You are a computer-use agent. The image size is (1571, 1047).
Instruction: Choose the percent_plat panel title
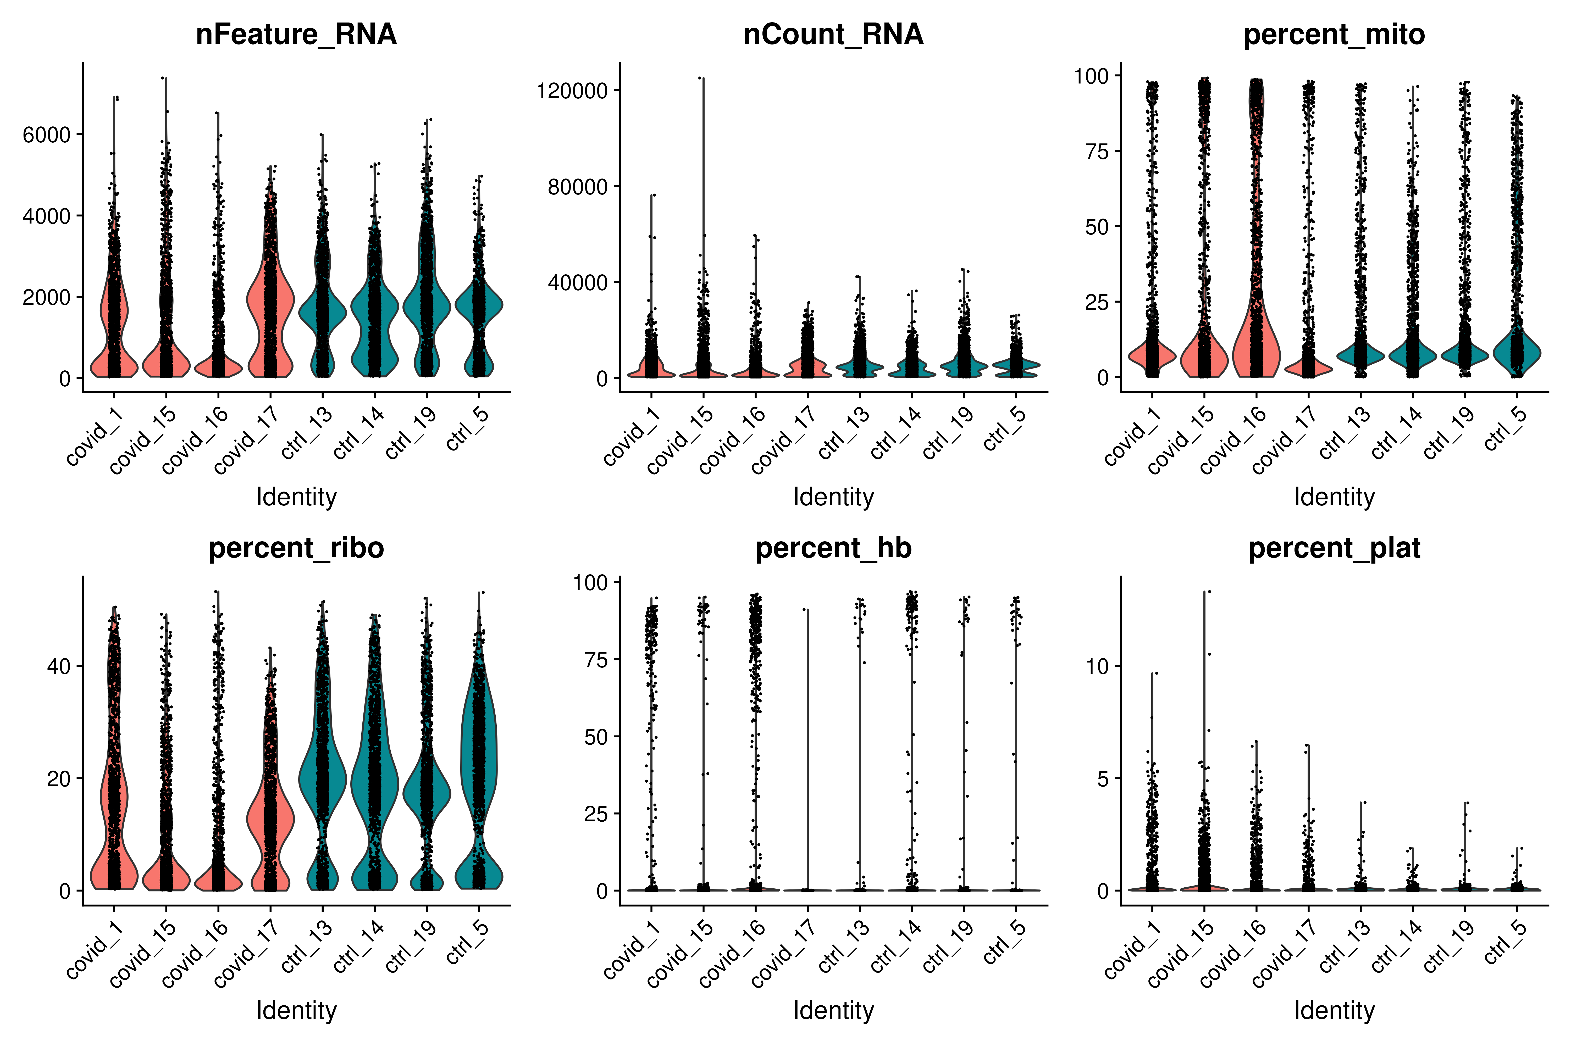pyautogui.click(x=1334, y=548)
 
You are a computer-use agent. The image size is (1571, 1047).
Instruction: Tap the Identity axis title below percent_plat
pyautogui.click(x=1334, y=1010)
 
